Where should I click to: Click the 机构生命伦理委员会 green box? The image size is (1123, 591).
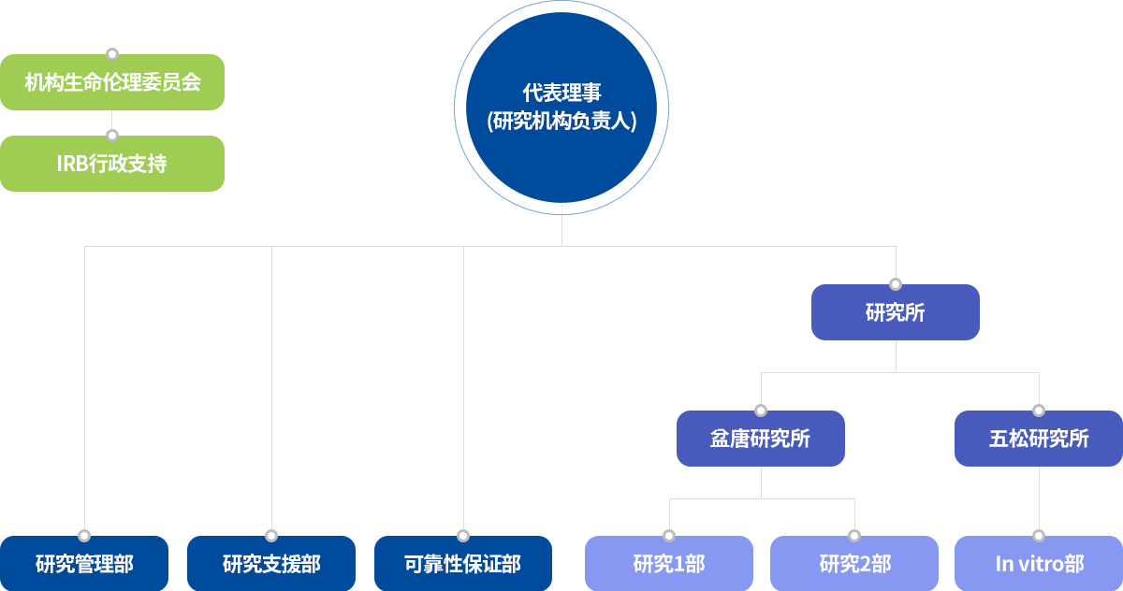point(112,82)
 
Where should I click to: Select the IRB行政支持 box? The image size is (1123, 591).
point(112,164)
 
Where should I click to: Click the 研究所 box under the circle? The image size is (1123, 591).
point(896,312)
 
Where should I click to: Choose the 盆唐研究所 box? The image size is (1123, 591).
point(761,439)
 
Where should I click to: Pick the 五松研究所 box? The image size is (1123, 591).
point(1039,439)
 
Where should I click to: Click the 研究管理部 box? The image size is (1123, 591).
point(84,564)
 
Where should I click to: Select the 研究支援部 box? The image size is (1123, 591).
point(271,564)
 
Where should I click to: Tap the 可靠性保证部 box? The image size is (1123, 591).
point(463,564)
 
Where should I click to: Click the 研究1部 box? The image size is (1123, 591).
point(669,564)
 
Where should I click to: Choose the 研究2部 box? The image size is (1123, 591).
point(854,564)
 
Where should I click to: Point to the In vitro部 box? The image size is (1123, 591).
point(1039,564)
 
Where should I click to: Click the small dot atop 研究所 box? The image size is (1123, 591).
point(896,284)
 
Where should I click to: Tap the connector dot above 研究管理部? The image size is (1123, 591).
point(84,536)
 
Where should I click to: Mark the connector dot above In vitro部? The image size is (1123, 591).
point(1039,536)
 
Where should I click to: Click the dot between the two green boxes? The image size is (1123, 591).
point(112,136)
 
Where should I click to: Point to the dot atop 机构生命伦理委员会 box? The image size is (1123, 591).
point(112,54)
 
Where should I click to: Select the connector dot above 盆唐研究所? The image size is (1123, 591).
point(761,411)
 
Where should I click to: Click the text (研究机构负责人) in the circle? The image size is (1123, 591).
point(561,121)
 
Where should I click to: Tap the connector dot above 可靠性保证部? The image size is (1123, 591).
point(463,536)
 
